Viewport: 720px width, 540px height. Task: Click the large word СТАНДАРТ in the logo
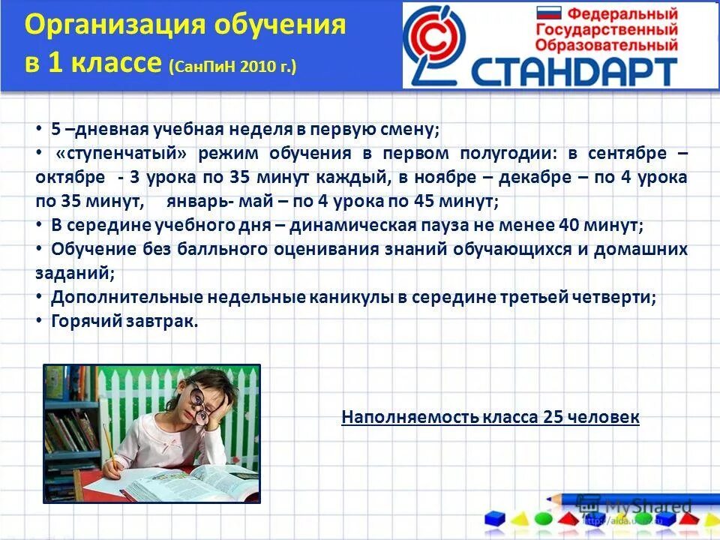574,71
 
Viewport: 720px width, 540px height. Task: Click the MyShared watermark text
648,505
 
